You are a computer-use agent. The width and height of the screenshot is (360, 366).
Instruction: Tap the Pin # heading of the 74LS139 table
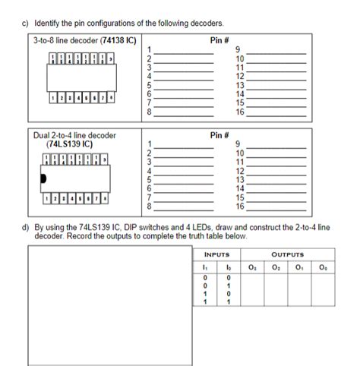[x=219, y=135]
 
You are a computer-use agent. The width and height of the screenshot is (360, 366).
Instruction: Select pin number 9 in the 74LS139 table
[x=240, y=144]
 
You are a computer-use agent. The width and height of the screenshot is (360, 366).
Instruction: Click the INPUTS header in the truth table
[x=217, y=255]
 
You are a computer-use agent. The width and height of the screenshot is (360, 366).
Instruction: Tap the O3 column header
[x=252, y=266]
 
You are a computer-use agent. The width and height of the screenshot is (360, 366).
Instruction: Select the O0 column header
[x=324, y=266]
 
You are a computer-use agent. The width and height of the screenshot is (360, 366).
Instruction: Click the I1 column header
[x=204, y=266]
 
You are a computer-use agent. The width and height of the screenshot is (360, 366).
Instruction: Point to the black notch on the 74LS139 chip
[x=43, y=178]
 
